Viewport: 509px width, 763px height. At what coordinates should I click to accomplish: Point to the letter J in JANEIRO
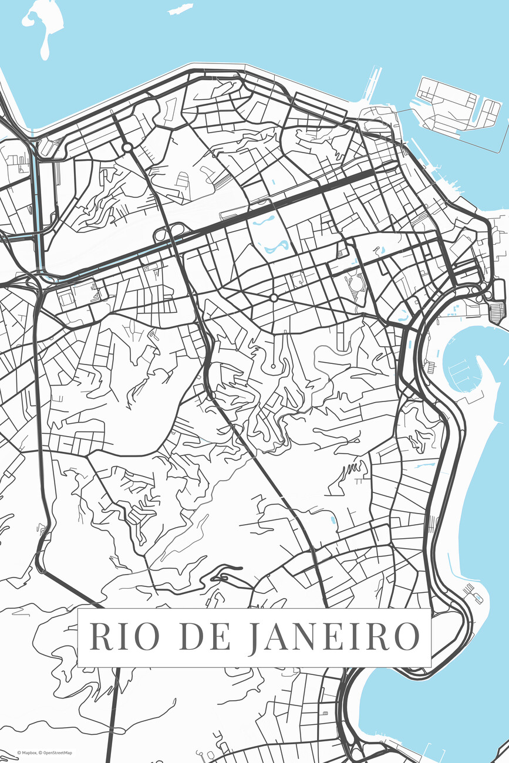click(x=254, y=638)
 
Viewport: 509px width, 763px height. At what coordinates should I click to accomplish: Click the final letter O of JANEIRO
click(x=406, y=637)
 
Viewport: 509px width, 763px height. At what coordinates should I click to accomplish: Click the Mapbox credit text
click(x=27, y=752)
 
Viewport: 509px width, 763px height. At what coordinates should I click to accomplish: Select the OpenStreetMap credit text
click(x=56, y=752)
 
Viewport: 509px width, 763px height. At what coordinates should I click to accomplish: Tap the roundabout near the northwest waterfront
click(x=127, y=148)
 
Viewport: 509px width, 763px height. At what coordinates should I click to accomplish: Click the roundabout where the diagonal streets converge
click(x=274, y=298)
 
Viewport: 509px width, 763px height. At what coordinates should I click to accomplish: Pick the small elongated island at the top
click(x=180, y=9)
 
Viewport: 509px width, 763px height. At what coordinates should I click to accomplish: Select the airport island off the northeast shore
click(x=458, y=109)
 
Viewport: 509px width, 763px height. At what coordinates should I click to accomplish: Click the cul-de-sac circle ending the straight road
click(x=272, y=367)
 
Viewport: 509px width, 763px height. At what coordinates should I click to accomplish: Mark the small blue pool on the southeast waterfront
click(x=478, y=598)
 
